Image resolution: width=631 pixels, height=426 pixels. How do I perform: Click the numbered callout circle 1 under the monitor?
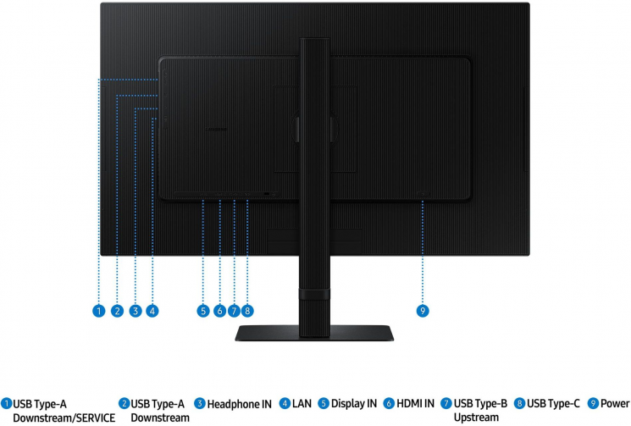pyautogui.click(x=98, y=311)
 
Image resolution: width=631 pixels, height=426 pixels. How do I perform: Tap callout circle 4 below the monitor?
pyautogui.click(x=152, y=311)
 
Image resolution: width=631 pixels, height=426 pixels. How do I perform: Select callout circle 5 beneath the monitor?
pyautogui.click(x=203, y=311)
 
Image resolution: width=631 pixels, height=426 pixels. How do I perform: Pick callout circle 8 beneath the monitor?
pyautogui.click(x=247, y=311)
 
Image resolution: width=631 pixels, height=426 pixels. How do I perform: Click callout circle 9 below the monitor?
pyautogui.click(x=423, y=311)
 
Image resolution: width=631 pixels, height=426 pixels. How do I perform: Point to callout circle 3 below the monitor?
pyautogui.click(x=136, y=311)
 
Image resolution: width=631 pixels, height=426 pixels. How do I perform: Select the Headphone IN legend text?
pyautogui.click(x=240, y=404)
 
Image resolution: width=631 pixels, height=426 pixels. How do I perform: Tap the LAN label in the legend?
pyautogui.click(x=302, y=403)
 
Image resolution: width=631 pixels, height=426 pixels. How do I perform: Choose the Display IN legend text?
pyautogui.click(x=354, y=403)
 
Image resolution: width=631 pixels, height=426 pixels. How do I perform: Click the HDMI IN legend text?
pyautogui.click(x=416, y=403)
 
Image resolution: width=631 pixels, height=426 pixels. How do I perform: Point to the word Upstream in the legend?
pyautogui.click(x=476, y=418)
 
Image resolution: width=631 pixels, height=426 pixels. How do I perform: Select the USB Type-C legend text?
pyautogui.click(x=553, y=403)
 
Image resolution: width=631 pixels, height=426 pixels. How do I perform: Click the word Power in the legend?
pyautogui.click(x=615, y=403)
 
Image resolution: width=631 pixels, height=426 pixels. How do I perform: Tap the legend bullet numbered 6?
pyautogui.click(x=389, y=403)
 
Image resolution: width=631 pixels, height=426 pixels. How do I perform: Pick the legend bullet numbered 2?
pyautogui.click(x=124, y=403)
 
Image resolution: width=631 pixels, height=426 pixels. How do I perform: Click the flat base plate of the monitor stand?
pyautogui.click(x=314, y=333)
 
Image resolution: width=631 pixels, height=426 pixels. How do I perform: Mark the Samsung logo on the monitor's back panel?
pyautogui.click(x=217, y=130)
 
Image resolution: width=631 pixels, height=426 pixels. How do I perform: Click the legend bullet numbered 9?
pyautogui.click(x=593, y=403)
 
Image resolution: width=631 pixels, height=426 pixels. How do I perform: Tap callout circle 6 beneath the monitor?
pyautogui.click(x=219, y=311)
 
